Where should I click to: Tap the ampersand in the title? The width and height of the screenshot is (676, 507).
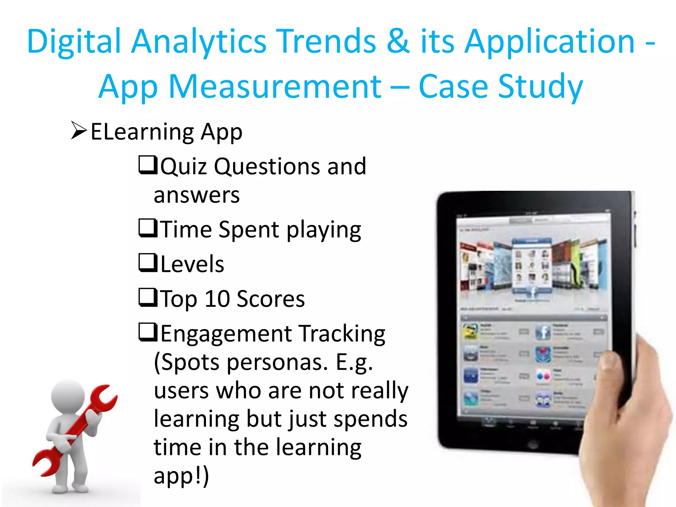click(x=398, y=41)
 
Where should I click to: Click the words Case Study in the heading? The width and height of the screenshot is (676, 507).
click(x=500, y=86)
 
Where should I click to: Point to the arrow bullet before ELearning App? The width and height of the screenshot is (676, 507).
click(x=79, y=131)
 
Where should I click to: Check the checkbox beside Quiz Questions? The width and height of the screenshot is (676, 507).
click(x=147, y=165)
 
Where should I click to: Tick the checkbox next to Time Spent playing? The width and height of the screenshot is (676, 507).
click(x=147, y=228)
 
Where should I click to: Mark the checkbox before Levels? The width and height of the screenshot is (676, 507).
click(x=147, y=263)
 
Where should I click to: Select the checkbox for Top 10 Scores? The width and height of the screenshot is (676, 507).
click(x=147, y=297)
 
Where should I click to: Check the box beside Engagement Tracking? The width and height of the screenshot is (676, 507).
click(x=147, y=332)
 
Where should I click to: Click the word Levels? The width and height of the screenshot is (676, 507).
click(x=192, y=264)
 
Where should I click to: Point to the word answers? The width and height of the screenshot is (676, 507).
click(x=197, y=195)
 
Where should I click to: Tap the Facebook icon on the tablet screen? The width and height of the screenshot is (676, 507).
click(x=543, y=332)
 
